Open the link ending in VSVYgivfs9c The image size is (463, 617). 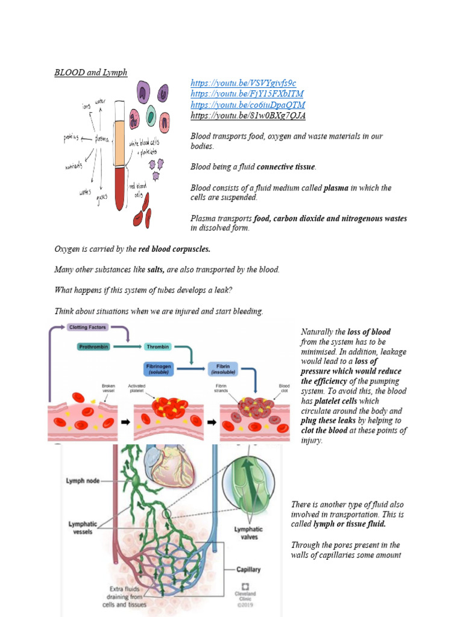[x=243, y=83]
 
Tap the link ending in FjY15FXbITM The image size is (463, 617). [x=247, y=94]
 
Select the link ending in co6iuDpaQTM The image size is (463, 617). [x=248, y=105]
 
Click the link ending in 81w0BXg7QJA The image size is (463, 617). [x=248, y=116]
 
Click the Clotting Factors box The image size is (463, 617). [x=87, y=327]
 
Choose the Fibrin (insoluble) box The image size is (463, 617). [x=224, y=368]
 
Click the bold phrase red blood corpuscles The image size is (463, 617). [x=174, y=249]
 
